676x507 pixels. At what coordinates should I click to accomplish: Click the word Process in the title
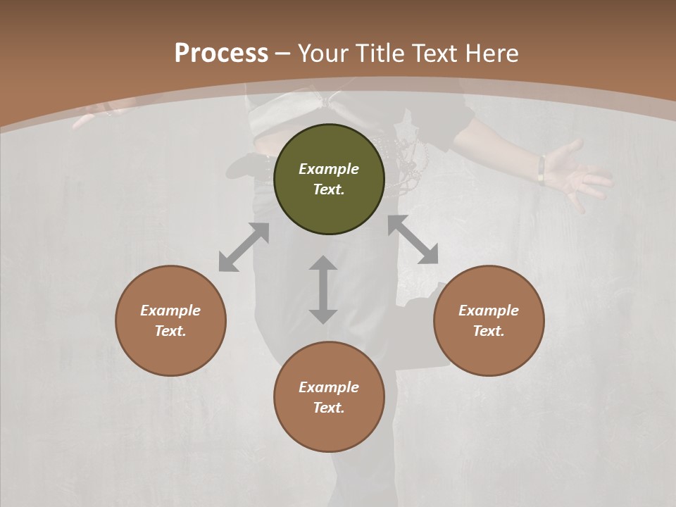pyautogui.click(x=221, y=54)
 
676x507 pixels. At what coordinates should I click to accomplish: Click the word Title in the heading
pyautogui.click(x=377, y=54)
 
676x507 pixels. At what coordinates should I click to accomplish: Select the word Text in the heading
pyautogui.click(x=435, y=54)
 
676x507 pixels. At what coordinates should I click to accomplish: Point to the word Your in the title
pyautogui.click(x=323, y=54)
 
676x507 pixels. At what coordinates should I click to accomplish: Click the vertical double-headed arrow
pyautogui.click(x=323, y=289)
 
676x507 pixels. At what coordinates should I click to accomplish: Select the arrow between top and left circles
pyautogui.click(x=244, y=247)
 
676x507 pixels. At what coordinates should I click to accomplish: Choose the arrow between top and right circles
pyautogui.click(x=413, y=240)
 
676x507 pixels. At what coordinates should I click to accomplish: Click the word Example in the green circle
pyautogui.click(x=329, y=169)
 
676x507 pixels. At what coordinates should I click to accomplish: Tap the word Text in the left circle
pyautogui.click(x=170, y=331)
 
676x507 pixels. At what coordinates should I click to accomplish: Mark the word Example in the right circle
pyautogui.click(x=489, y=311)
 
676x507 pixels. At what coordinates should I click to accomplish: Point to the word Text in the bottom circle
pyautogui.click(x=329, y=408)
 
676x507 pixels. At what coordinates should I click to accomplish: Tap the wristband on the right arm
pyautogui.click(x=542, y=170)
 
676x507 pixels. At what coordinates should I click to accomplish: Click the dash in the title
pyautogui.click(x=282, y=54)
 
